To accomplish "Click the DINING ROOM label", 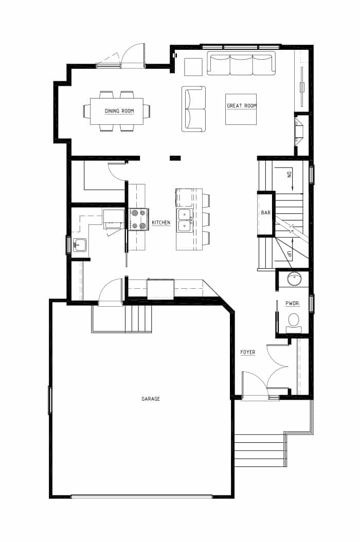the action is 119,111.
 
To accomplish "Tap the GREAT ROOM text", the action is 242,106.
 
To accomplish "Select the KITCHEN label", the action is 161,222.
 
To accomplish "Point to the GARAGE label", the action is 151,399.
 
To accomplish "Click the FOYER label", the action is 248,352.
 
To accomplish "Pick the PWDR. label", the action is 293,304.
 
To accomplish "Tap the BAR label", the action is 266,213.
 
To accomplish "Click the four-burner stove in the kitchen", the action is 139,219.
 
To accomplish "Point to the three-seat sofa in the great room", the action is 241,63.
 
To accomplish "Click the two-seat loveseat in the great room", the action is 193,109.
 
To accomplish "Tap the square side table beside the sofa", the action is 193,67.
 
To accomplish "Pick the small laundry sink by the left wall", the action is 80,245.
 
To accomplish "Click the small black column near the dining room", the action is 175,158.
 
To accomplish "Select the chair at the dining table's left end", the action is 86,111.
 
